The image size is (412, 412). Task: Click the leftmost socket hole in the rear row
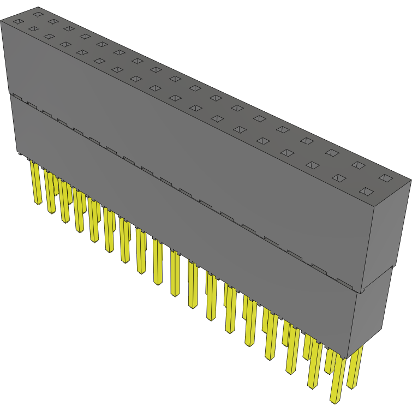(x=37, y=13)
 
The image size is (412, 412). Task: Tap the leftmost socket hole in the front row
(x=17, y=22)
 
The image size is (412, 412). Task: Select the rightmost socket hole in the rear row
(x=386, y=178)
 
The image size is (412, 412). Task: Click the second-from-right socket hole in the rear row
(x=358, y=164)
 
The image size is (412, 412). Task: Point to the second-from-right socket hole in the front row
(x=339, y=178)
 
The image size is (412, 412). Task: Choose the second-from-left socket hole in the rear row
(x=53, y=21)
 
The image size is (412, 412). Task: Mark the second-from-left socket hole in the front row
(x=33, y=29)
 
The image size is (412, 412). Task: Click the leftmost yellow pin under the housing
(x=36, y=183)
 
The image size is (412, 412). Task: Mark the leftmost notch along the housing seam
(x=16, y=98)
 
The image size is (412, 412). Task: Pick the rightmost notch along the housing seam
(x=344, y=282)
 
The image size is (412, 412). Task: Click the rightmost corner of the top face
(x=410, y=180)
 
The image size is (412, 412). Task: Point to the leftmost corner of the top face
(x=2, y=21)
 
